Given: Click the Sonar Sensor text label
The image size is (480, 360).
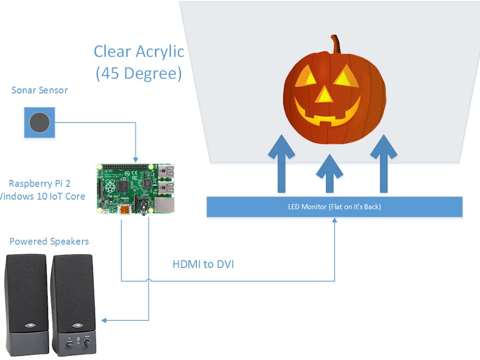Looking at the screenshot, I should click(39, 90).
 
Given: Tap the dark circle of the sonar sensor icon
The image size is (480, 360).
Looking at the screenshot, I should click(39, 123).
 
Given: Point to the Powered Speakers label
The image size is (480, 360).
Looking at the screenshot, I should click(49, 242).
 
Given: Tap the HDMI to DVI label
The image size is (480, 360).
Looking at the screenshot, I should click(203, 263).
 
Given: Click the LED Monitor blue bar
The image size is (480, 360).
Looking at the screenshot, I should click(334, 207).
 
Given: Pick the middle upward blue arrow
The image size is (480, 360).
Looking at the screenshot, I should click(329, 173).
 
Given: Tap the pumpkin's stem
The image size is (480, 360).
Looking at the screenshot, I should click(335, 44).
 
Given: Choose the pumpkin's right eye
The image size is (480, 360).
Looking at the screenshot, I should click(345, 78).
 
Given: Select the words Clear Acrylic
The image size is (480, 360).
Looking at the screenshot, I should click(139, 52).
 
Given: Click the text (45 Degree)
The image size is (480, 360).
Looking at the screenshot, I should click(139, 74).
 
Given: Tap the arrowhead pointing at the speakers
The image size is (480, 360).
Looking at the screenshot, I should click(105, 320).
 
